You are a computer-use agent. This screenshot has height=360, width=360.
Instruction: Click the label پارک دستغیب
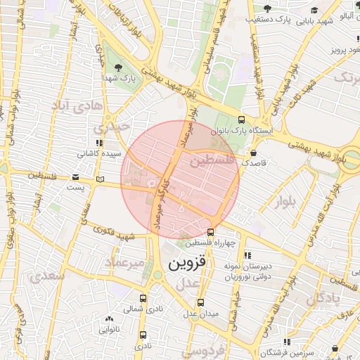(268, 18)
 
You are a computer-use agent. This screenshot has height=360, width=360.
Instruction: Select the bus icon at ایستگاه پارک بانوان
(242, 120)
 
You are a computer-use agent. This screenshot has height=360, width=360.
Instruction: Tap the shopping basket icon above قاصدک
(253, 153)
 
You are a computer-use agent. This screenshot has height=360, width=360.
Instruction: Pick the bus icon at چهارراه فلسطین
(211, 233)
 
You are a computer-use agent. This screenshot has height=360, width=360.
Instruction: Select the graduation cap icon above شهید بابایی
(314, 10)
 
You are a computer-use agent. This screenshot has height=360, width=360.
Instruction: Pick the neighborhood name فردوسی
(207, 349)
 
